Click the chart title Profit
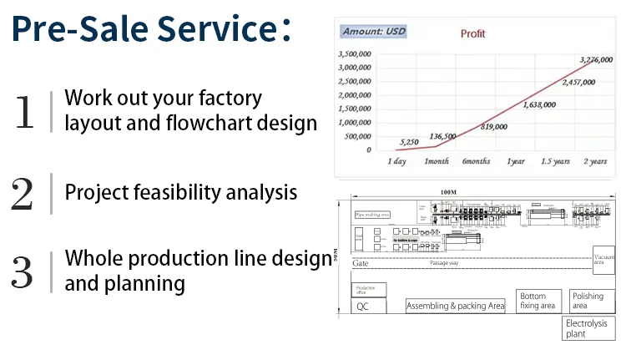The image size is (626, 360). point(472,34)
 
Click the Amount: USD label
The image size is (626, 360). point(374,32)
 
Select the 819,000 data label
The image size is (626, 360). point(494,126)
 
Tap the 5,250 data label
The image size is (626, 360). point(409,142)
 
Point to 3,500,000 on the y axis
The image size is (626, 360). point(354,54)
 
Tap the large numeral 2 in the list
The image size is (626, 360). point(23,193)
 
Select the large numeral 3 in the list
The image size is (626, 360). point(23,271)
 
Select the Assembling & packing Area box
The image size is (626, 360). point(456,307)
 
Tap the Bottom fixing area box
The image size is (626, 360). point(539,301)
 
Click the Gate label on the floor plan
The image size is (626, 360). point(361,263)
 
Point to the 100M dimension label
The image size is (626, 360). point(448,193)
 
